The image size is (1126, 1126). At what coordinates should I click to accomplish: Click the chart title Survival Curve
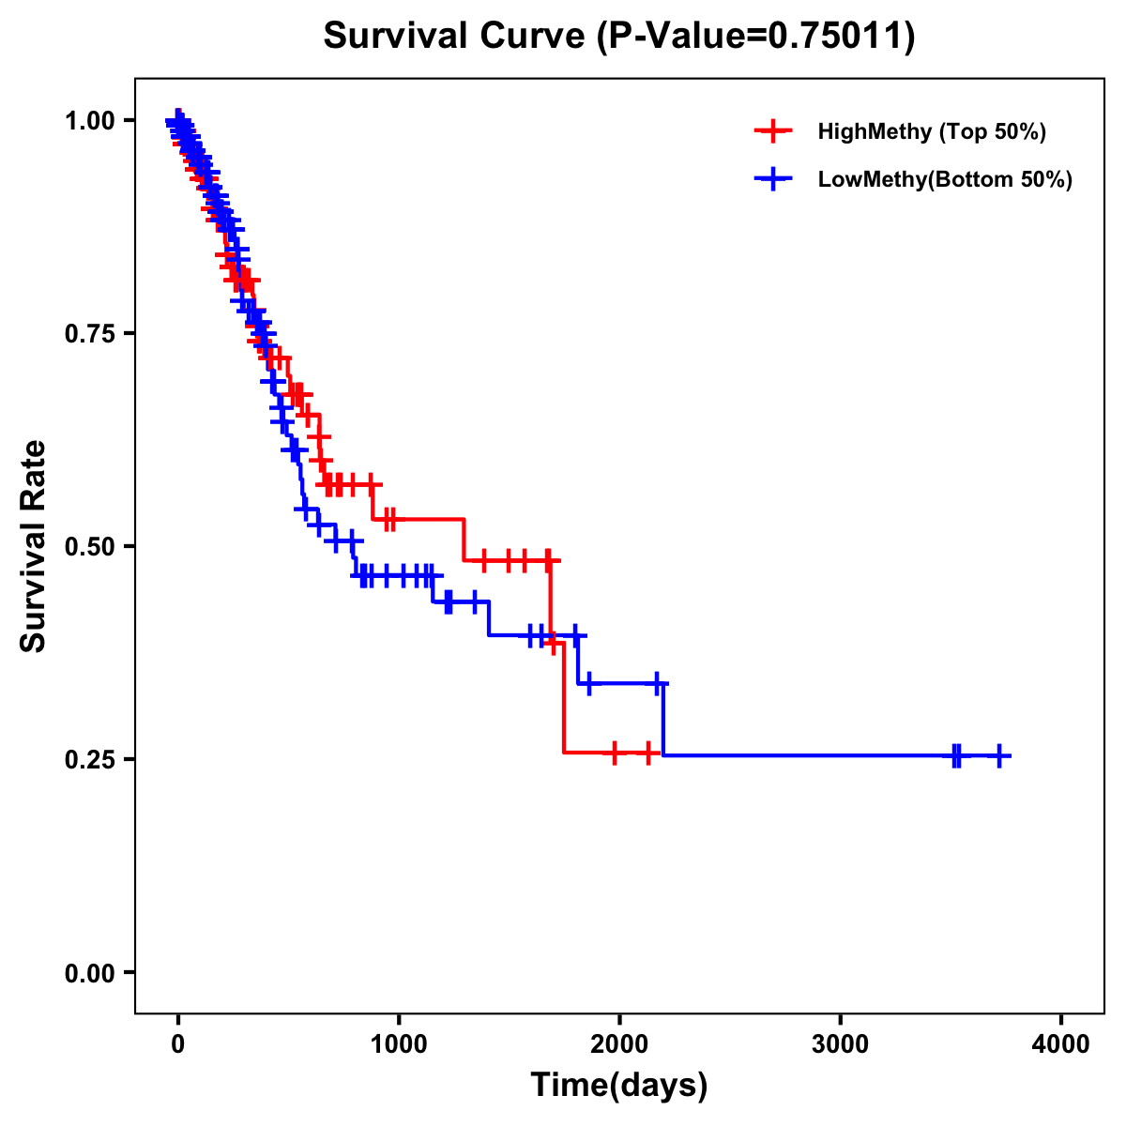pyautogui.click(x=456, y=36)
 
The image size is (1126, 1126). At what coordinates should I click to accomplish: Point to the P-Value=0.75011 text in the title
pyautogui.click(x=756, y=36)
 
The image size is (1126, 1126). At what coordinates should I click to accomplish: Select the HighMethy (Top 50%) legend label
pyautogui.click(x=931, y=131)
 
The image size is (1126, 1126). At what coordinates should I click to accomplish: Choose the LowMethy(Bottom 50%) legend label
pyautogui.click(x=945, y=179)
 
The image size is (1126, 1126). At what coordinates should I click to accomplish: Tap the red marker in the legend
pyautogui.click(x=773, y=131)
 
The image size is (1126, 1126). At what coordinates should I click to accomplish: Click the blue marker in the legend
pyautogui.click(x=773, y=179)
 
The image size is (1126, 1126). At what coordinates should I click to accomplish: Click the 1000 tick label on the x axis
pyautogui.click(x=399, y=1043)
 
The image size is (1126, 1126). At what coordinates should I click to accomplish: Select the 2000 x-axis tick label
pyautogui.click(x=619, y=1043)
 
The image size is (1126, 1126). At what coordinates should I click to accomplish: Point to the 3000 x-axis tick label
pyautogui.click(x=840, y=1043)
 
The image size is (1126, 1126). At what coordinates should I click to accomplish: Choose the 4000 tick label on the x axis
pyautogui.click(x=1061, y=1043)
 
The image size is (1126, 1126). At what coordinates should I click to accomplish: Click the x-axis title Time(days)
pyautogui.click(x=619, y=1086)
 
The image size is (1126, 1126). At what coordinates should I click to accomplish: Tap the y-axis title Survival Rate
pyautogui.click(x=34, y=546)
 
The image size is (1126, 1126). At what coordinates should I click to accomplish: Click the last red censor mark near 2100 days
pyautogui.click(x=648, y=753)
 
